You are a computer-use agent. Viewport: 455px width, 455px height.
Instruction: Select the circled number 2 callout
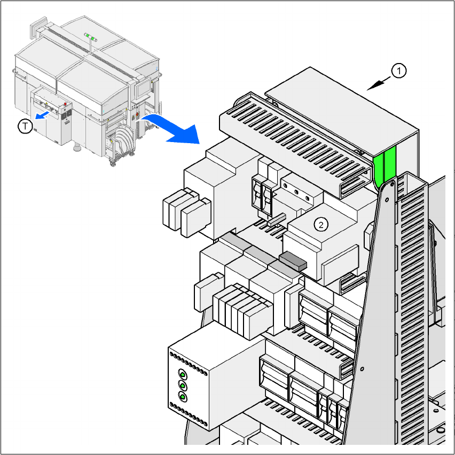pyautogui.click(x=320, y=224)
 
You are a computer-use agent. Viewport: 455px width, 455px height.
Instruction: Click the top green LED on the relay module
pyautogui.click(x=183, y=373)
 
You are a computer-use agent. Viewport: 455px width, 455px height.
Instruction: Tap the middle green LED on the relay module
pyautogui.click(x=183, y=385)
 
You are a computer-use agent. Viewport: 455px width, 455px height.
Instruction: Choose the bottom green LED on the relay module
pyautogui.click(x=183, y=397)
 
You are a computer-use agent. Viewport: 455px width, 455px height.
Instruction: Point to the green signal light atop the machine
pyautogui.click(x=91, y=38)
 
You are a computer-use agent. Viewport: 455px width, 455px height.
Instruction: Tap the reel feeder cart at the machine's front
pyautogui.click(x=123, y=142)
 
